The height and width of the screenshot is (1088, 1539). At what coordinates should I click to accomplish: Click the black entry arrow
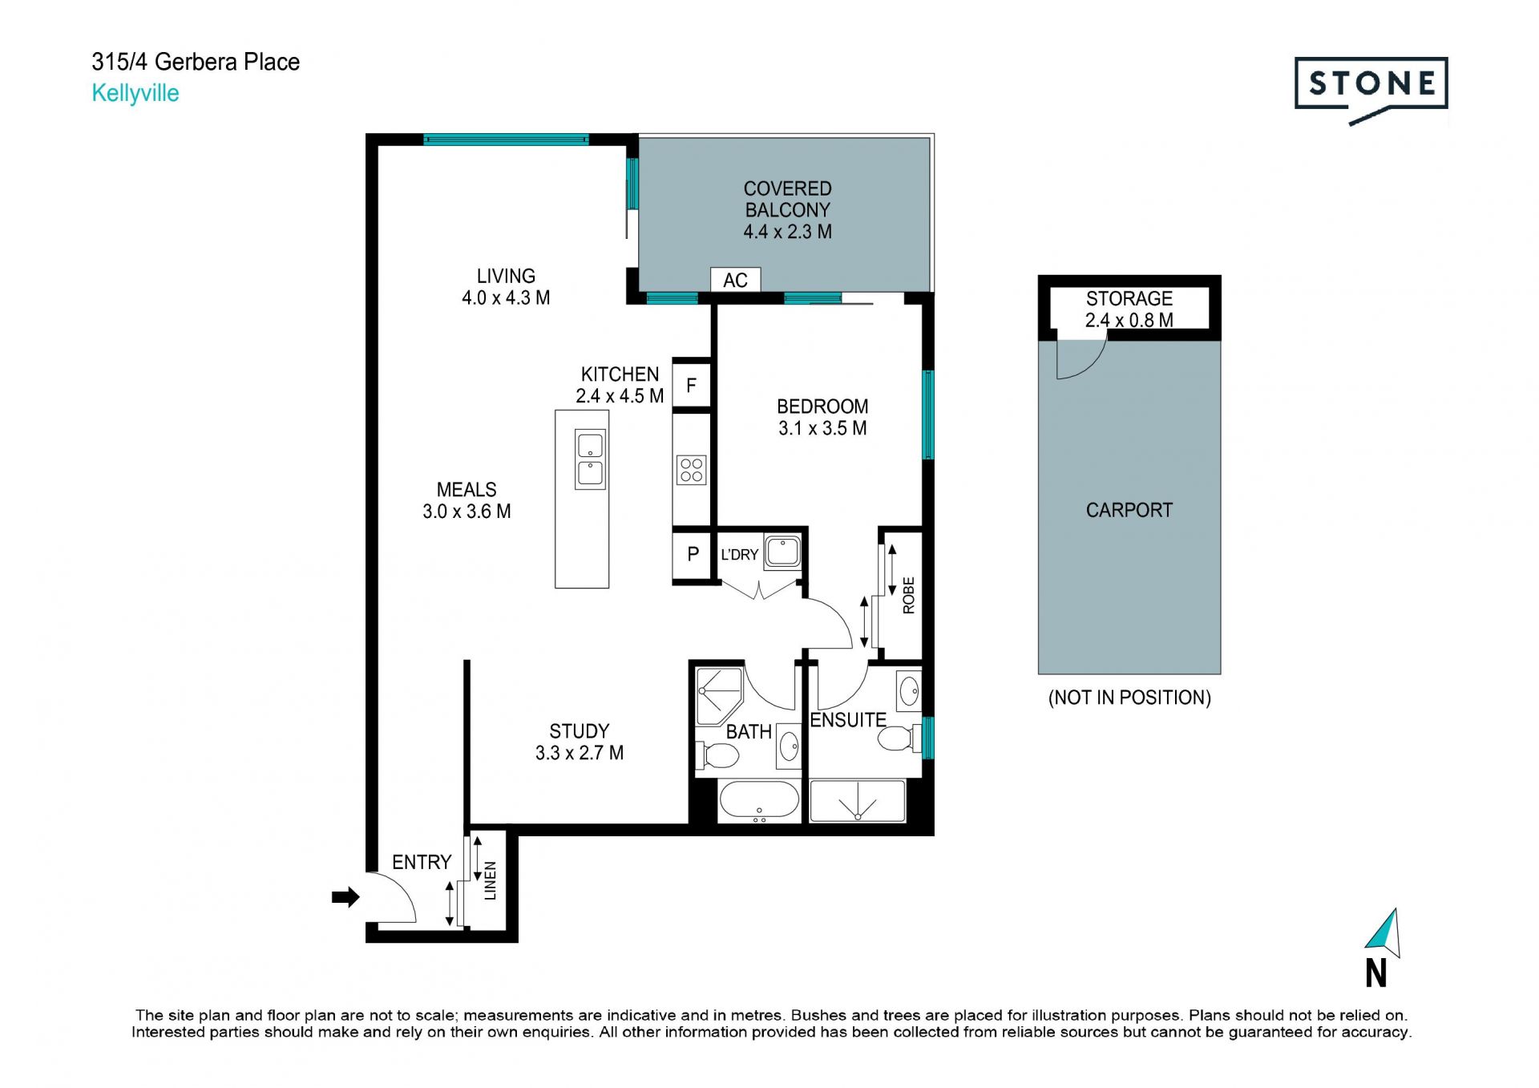(345, 897)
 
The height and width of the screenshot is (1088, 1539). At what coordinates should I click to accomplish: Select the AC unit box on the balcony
(735, 280)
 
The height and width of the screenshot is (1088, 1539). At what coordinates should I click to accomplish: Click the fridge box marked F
(691, 386)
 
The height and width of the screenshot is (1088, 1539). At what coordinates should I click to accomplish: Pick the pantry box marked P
(693, 554)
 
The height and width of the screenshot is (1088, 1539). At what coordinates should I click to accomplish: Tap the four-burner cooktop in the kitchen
(691, 470)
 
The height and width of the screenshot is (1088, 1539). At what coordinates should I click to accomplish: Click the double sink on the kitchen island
(590, 459)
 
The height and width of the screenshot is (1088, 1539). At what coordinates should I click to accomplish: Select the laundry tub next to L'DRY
(782, 552)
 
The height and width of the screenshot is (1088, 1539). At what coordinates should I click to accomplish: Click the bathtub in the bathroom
(759, 801)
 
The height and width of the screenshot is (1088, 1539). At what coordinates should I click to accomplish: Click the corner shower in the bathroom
(719, 695)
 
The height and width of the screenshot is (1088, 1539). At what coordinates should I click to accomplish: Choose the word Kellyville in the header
(135, 93)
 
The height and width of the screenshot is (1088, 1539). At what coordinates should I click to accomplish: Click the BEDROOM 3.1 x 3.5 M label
(822, 418)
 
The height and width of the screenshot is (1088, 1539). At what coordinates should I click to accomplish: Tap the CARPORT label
(1129, 510)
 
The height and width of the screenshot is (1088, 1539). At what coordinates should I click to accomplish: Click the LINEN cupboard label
(491, 880)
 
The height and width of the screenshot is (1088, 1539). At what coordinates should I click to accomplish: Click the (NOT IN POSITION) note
(1129, 698)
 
